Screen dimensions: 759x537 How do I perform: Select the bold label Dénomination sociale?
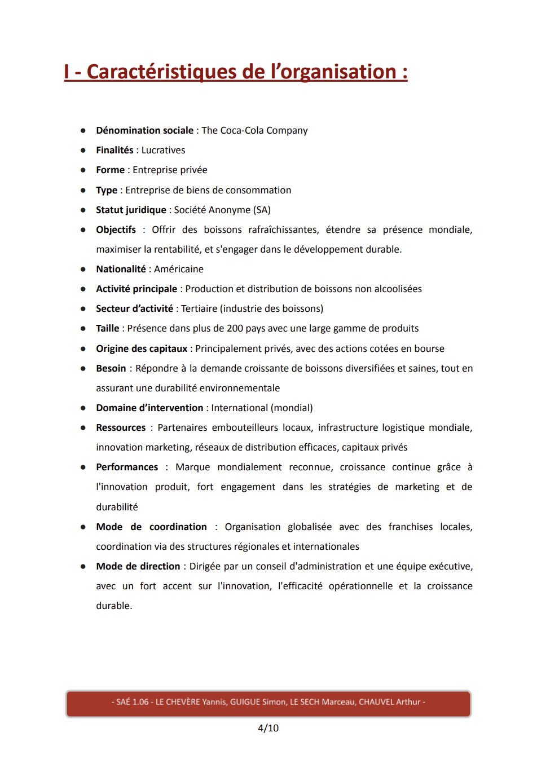tap(144, 130)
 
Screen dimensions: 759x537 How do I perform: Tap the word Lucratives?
tap(163, 150)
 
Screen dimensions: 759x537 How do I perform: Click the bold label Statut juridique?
tap(131, 210)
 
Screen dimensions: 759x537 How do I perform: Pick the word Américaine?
tap(178, 269)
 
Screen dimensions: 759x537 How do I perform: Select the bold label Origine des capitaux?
tap(142, 348)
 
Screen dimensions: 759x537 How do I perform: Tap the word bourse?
tap(429, 348)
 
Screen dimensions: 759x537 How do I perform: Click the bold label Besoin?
tap(111, 368)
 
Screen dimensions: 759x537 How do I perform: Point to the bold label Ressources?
tap(121, 427)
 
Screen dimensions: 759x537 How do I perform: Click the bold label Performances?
tap(127, 467)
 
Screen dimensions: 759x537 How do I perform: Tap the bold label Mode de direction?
tap(138, 566)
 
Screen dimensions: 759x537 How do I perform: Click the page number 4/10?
tap(268, 728)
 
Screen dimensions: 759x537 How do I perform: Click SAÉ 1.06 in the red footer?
tap(133, 702)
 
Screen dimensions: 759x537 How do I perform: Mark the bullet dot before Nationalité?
tap(83, 270)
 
